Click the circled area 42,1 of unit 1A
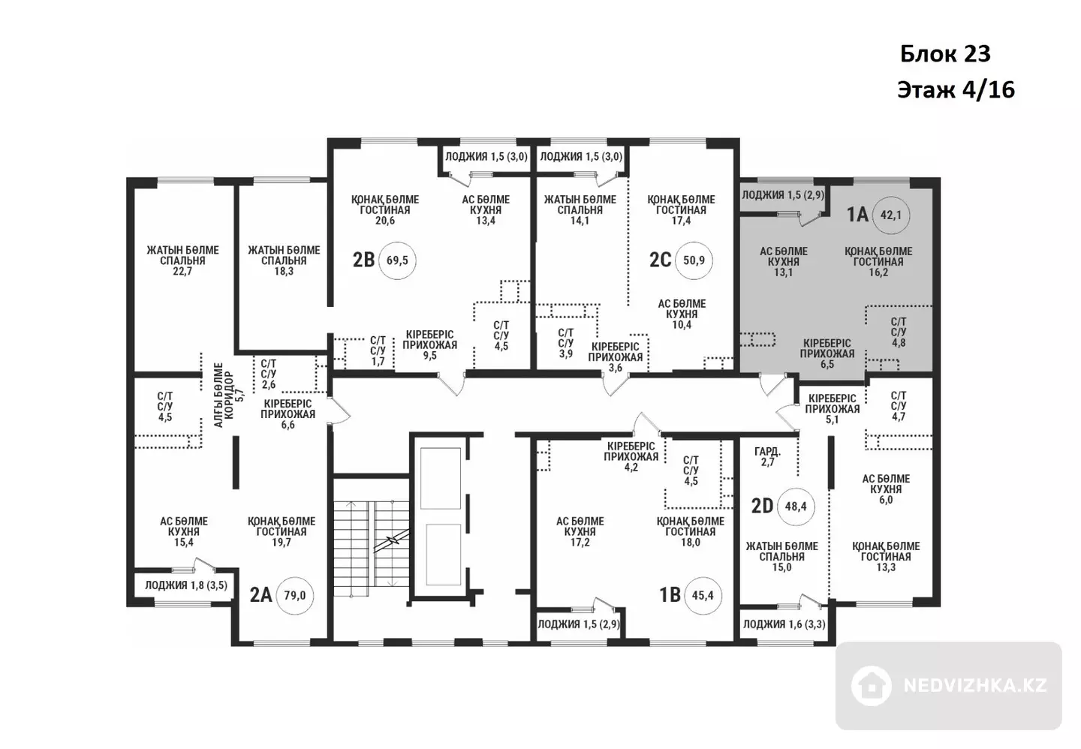tap(890, 215)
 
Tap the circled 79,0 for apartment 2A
tap(294, 596)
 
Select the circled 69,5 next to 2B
tap(397, 260)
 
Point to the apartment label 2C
tap(660, 260)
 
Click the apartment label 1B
tap(670, 595)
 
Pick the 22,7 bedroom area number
tap(182, 272)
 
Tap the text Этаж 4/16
tap(956, 90)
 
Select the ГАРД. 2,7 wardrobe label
tap(767, 456)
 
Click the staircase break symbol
tap(394, 540)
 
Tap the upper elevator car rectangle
tap(440, 478)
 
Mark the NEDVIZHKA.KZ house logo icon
tap(871, 685)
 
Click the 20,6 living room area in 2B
tap(384, 221)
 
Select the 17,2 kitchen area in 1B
tap(580, 543)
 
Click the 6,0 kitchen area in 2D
tap(886, 500)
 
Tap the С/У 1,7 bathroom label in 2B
tap(378, 350)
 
